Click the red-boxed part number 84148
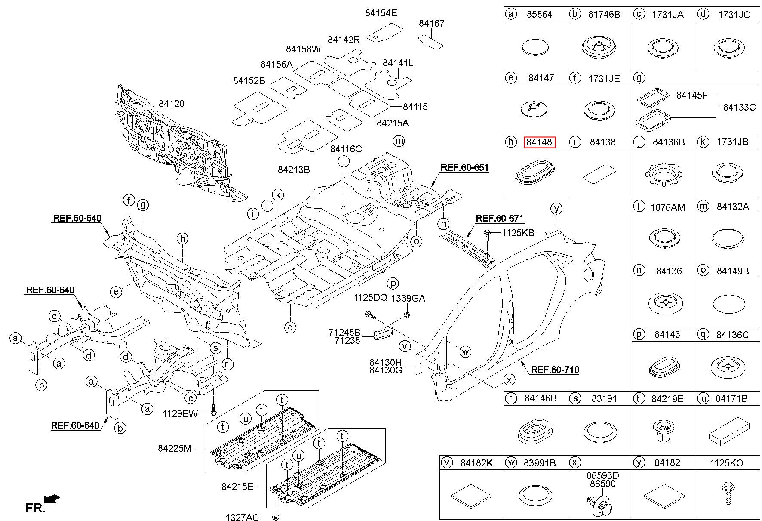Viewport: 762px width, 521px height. click(539, 142)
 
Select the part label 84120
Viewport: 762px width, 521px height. click(171, 104)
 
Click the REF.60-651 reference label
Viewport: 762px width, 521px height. click(464, 167)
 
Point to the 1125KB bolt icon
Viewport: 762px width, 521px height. click(488, 234)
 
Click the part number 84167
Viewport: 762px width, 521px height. click(431, 23)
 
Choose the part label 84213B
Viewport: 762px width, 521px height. click(294, 170)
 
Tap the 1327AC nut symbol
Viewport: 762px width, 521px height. click(276, 516)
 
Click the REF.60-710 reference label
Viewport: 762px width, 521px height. click(555, 370)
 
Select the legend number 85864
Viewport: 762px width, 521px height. click(539, 14)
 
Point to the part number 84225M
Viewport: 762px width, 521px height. click(174, 448)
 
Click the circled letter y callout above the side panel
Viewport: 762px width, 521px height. click(556, 209)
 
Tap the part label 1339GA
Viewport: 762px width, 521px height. click(408, 298)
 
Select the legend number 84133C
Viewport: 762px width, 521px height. click(739, 107)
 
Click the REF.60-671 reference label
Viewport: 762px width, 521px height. click(499, 219)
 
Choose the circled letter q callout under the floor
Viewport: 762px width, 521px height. click(290, 327)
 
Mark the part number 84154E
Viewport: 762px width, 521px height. click(381, 13)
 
